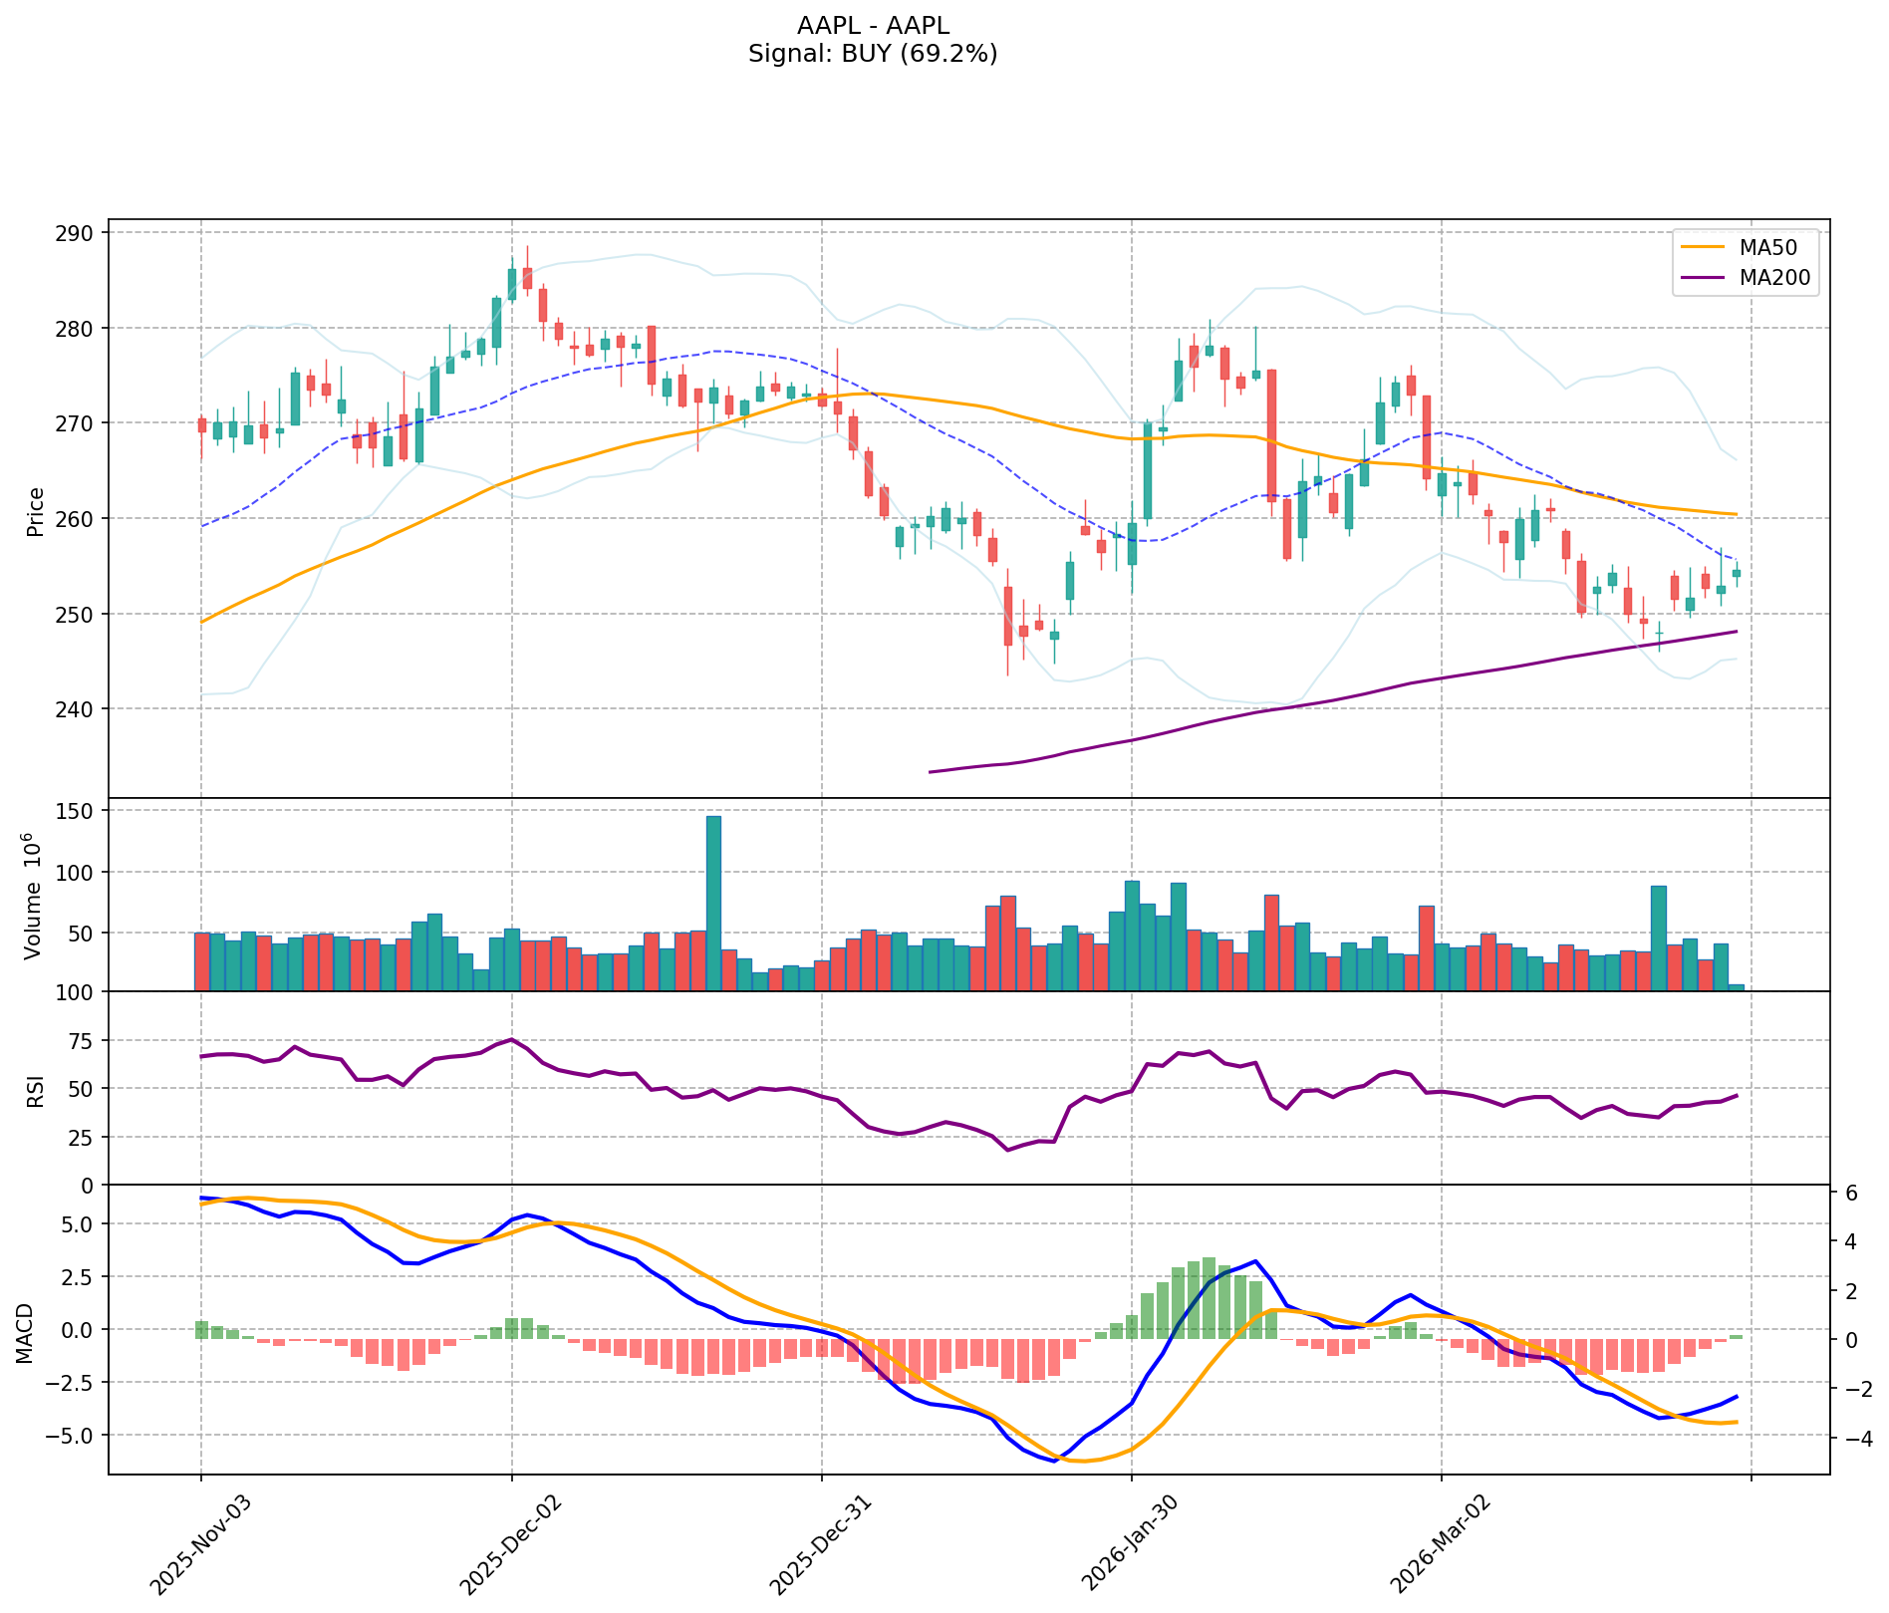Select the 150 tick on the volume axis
click(79, 811)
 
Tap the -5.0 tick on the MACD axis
click(75, 1436)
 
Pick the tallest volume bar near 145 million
click(713, 903)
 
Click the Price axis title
click(36, 512)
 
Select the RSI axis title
click(36, 1091)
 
